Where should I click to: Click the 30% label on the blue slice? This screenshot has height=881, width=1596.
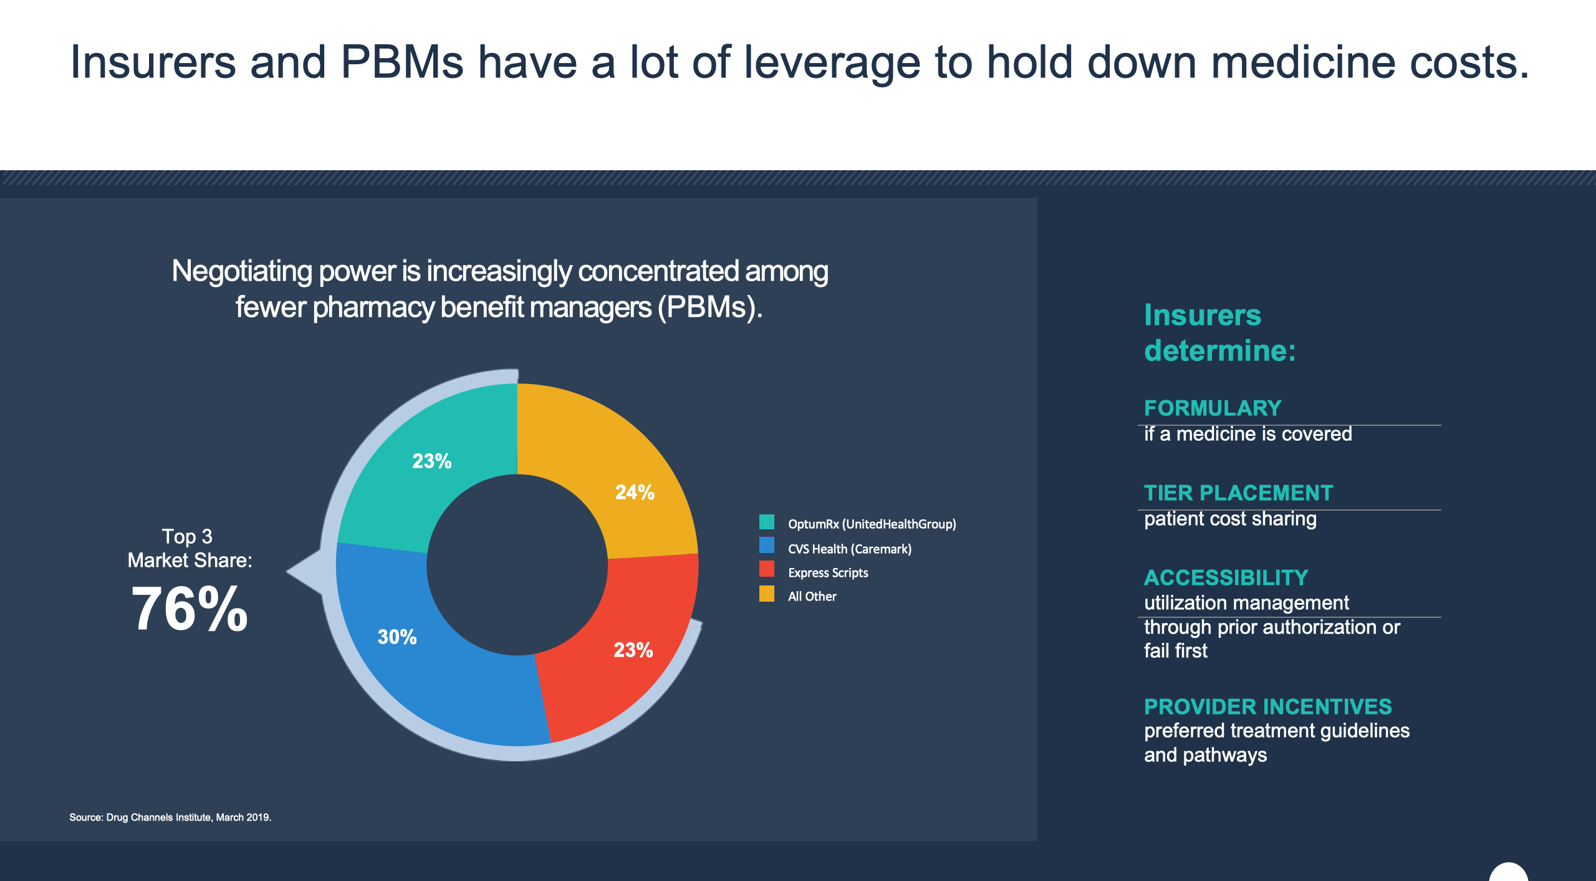coord(397,637)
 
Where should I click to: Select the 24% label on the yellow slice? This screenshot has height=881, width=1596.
coord(635,493)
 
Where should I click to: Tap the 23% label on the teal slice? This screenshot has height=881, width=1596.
coord(431,461)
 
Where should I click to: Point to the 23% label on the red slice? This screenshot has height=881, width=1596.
coord(633,650)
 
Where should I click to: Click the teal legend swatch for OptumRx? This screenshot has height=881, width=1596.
coord(767,522)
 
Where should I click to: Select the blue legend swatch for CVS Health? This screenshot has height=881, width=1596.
coord(767,546)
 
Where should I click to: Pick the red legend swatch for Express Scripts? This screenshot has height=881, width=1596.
coord(767,569)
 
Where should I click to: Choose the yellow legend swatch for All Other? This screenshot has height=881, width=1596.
coord(767,594)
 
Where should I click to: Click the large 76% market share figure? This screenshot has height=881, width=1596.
coord(190,609)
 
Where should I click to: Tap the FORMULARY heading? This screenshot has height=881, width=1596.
coord(1213,408)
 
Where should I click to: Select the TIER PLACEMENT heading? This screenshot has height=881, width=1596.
coord(1238,493)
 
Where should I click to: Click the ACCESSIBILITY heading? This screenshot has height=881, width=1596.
coord(1226,578)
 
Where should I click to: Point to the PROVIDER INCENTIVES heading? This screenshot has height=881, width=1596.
coord(1267,707)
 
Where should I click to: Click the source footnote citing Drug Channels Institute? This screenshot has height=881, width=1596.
coord(170,817)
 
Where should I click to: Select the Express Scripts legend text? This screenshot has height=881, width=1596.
coord(828,573)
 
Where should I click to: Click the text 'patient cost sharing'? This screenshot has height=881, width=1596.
coord(1230,519)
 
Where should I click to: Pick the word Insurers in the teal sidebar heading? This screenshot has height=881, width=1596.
coord(1203,315)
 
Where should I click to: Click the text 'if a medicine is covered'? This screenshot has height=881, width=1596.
coord(1247,434)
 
